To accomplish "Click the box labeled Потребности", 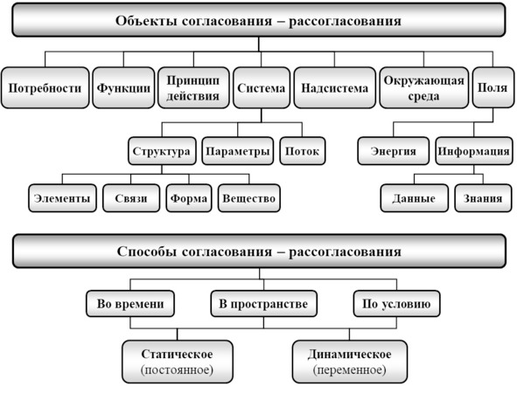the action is tap(45, 88).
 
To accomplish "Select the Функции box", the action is tap(123, 88).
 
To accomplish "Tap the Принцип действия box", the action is tap(193, 88).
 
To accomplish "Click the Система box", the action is tap(262, 88).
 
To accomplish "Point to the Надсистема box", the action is tap(335, 88).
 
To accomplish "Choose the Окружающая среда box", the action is tap(423, 88).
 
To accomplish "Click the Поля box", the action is tap(493, 88).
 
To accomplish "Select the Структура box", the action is tap(162, 151).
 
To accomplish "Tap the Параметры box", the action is tap(238, 151).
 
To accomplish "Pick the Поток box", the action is tap(303, 151).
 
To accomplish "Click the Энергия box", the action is tap(394, 151).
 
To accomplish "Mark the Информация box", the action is tap(474, 151).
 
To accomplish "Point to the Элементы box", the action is tap(62, 198).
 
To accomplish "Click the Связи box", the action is tap(131, 198).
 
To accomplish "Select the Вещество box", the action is tap(249, 198).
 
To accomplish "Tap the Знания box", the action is tap(483, 198).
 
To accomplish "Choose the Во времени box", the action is tap(130, 303).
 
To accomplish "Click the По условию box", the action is tap(396, 303).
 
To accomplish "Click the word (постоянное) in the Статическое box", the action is tap(177, 370).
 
